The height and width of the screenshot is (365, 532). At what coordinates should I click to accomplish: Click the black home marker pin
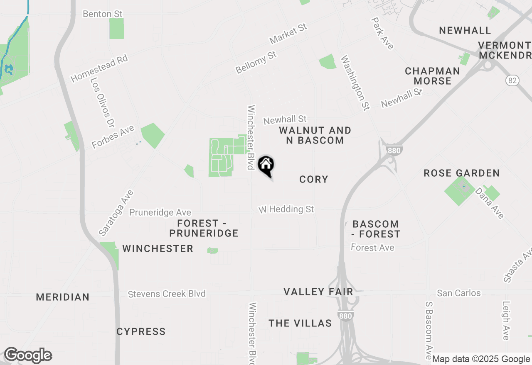point(266,165)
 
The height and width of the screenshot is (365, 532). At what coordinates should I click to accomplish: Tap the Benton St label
point(103,14)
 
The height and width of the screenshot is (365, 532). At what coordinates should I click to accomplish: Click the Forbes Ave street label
point(113,137)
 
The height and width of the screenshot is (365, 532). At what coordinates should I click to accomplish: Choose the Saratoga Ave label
point(116,213)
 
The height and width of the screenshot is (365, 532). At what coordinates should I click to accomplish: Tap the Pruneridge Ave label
point(160,212)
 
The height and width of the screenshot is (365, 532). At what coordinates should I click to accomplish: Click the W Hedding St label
point(286,209)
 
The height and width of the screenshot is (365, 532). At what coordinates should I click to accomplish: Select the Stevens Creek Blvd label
point(167,294)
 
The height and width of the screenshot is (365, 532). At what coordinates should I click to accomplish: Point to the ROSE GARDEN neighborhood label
point(461,173)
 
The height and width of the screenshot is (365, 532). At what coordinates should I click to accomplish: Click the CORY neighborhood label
point(314,179)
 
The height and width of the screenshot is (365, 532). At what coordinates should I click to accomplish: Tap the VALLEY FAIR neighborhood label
point(318,292)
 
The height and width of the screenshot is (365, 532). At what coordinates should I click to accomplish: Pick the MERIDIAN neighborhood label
point(63,297)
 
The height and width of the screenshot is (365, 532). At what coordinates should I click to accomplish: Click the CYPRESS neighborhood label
point(141,331)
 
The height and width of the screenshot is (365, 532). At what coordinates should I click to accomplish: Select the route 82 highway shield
point(512,80)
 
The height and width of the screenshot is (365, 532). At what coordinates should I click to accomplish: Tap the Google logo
point(28,355)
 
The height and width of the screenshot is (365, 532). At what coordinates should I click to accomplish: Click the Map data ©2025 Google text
point(481,359)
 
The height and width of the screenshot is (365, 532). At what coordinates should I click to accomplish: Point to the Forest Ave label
point(372,248)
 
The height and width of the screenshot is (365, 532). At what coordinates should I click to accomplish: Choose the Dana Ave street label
point(490,203)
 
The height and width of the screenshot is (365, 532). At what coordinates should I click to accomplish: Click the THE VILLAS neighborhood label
point(300,323)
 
